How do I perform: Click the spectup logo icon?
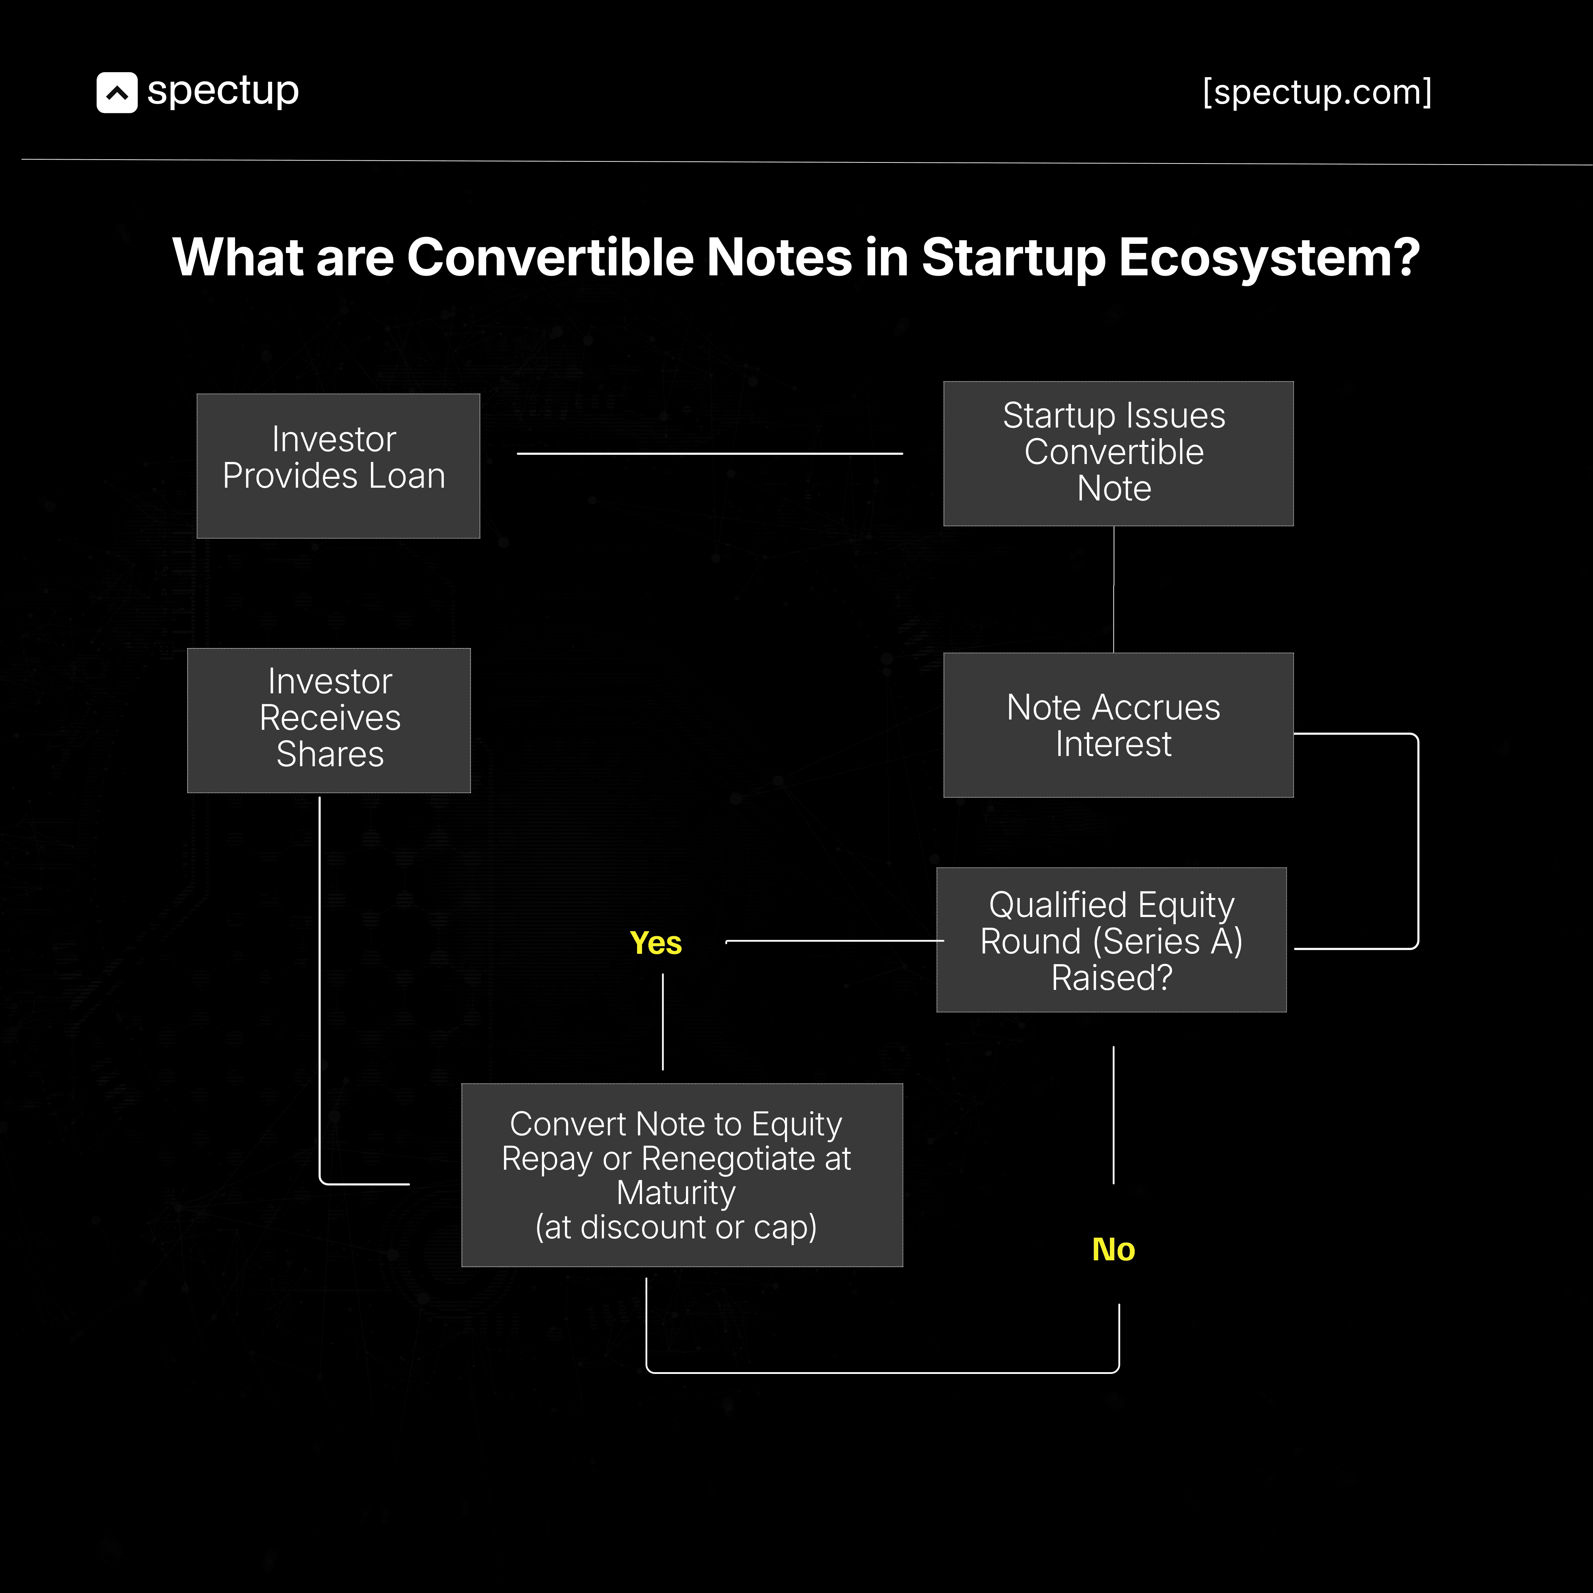(x=116, y=92)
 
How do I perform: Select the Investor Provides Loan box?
(x=338, y=466)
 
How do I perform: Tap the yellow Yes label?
(x=655, y=942)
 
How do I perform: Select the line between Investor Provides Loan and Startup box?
(x=709, y=453)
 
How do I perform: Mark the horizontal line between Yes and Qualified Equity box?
(x=833, y=941)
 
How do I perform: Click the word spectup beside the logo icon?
(x=223, y=91)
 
